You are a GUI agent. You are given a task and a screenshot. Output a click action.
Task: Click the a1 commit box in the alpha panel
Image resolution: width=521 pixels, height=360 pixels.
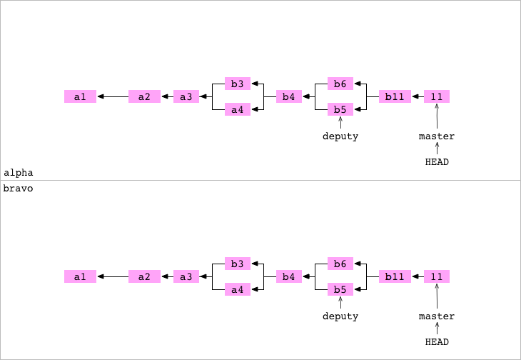tap(80, 96)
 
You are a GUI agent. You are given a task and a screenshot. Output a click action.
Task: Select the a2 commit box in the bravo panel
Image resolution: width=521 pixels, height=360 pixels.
tap(144, 276)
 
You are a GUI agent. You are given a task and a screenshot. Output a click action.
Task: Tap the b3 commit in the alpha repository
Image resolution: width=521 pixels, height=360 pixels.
tap(238, 84)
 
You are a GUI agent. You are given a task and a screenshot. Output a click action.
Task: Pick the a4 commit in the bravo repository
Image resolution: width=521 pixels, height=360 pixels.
tap(238, 289)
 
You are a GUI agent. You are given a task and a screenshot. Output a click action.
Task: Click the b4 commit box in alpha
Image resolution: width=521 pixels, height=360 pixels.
tap(289, 96)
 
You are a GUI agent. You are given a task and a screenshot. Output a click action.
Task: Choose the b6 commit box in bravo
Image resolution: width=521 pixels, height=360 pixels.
tap(340, 264)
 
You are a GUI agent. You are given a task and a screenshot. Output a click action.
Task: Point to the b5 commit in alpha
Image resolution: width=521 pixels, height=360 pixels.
tap(340, 109)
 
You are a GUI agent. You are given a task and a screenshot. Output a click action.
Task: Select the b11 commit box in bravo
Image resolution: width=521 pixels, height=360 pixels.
tap(395, 276)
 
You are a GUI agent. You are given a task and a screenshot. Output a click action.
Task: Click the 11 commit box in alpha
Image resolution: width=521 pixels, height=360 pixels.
tap(437, 96)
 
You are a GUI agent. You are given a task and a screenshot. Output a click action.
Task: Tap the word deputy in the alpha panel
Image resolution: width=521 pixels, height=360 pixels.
tap(340, 136)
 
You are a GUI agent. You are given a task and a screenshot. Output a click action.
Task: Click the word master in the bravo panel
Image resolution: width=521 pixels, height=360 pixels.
tap(437, 316)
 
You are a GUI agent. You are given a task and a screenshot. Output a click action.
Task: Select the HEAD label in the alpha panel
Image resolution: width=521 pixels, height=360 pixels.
tap(437, 162)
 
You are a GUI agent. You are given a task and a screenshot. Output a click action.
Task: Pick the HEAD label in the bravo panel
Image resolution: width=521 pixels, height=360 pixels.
tap(437, 342)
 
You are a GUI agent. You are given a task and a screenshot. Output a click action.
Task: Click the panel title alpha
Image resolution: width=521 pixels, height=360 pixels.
tap(19, 173)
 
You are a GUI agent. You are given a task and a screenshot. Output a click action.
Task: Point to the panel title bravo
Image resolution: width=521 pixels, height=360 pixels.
tap(19, 189)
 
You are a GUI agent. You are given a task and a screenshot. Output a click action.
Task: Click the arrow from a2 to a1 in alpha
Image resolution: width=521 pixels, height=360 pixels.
tap(112, 96)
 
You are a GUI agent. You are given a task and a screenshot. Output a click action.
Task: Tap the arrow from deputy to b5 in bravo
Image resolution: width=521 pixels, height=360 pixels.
tap(340, 304)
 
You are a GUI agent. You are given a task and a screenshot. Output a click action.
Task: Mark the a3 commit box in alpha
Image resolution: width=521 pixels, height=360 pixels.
tap(186, 96)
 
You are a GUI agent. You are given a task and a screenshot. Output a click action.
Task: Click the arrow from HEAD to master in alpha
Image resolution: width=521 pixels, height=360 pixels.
tap(437, 149)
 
